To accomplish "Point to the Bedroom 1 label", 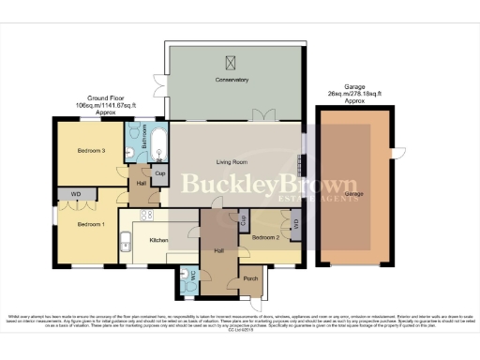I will (x=91, y=225).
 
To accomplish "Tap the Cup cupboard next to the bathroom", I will (x=160, y=173).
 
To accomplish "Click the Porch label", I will (x=250, y=278).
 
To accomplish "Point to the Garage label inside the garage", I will (x=353, y=194).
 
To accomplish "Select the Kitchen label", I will (x=158, y=241).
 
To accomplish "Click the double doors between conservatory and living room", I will (x=262, y=115).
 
